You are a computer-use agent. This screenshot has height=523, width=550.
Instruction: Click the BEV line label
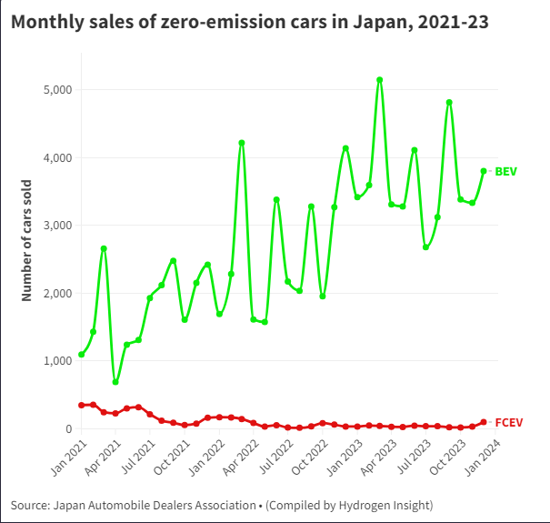point(505,171)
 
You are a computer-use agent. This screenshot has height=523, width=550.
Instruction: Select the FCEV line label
point(508,423)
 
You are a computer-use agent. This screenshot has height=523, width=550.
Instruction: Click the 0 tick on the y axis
point(65,428)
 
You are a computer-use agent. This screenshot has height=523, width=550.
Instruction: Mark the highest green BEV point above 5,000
point(379,80)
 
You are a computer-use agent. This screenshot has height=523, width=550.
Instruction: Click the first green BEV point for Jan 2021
point(82,355)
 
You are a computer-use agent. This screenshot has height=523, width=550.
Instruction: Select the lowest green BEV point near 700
point(115,382)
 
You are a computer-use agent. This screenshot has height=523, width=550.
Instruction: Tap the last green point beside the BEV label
point(484,171)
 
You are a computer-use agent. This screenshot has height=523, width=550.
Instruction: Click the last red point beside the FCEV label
point(484,422)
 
